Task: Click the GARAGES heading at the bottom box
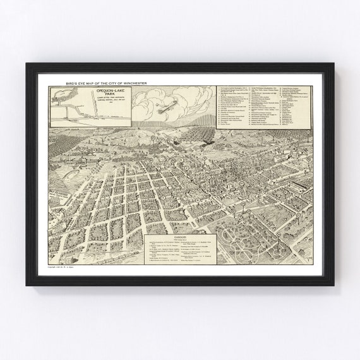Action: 181,239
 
